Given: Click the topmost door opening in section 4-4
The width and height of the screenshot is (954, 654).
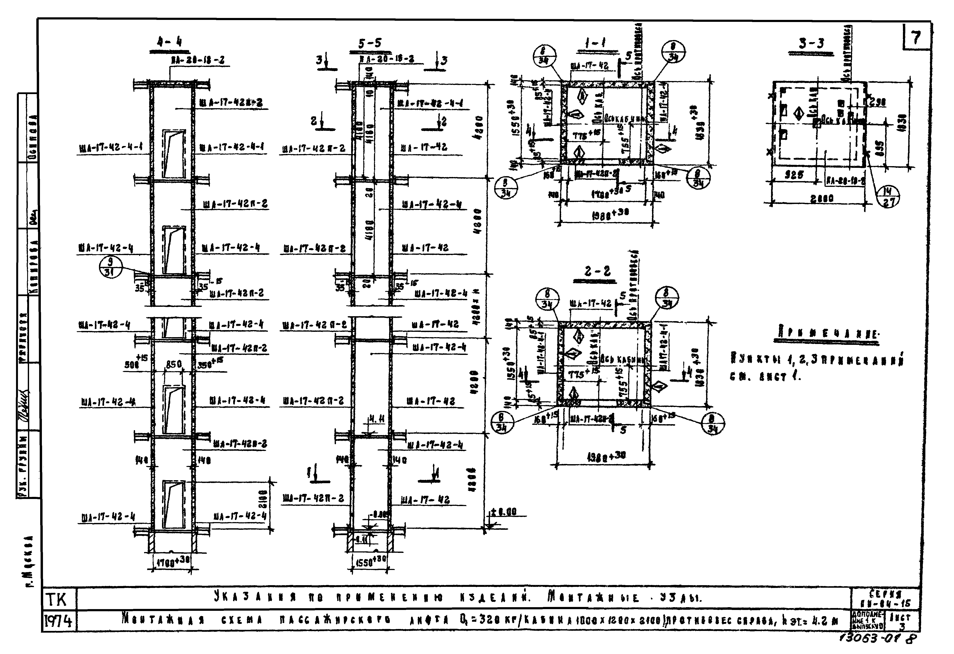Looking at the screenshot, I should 174,154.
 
